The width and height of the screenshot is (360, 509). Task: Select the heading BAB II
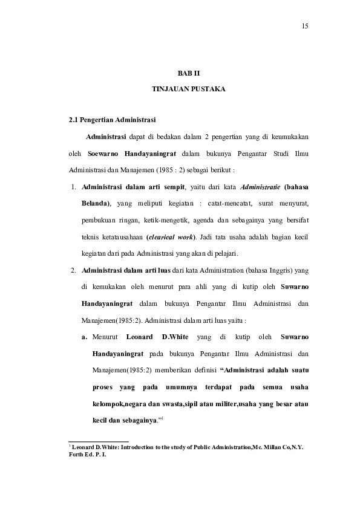click(188, 73)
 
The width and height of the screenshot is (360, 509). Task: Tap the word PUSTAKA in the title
click(209, 89)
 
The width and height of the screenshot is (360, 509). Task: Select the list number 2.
click(73, 270)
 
